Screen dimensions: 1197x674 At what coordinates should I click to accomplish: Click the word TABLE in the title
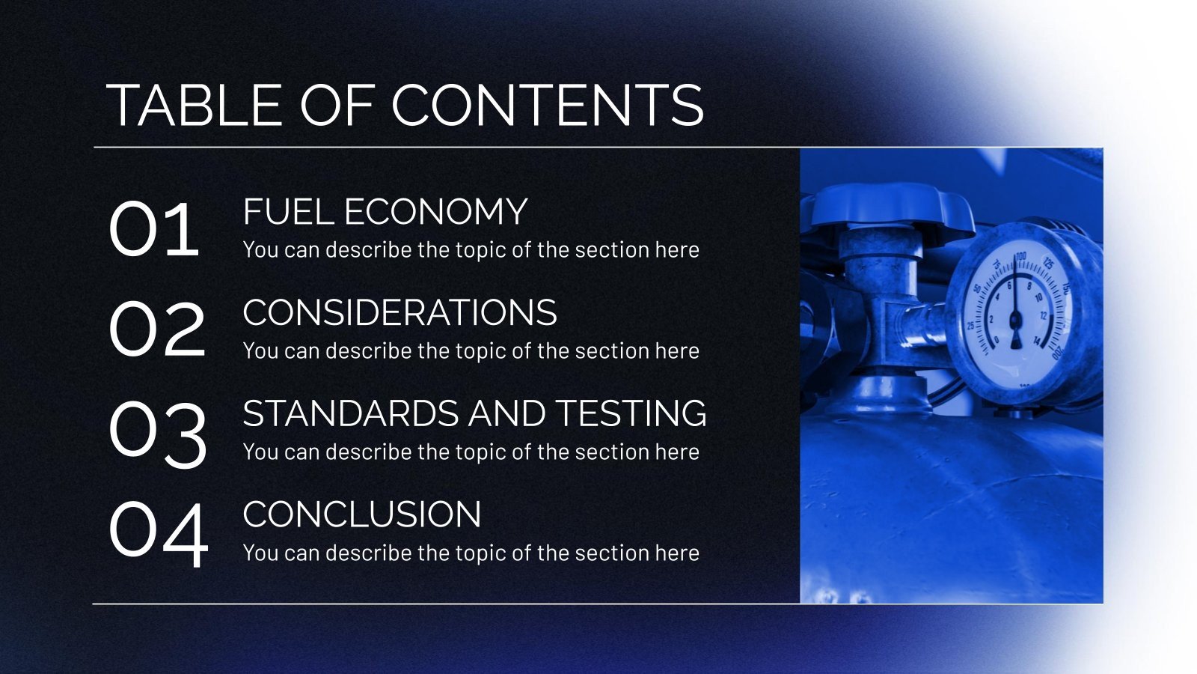[x=195, y=105]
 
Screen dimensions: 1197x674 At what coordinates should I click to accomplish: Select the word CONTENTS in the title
[x=548, y=105]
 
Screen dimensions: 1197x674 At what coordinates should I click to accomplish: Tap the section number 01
[x=154, y=229]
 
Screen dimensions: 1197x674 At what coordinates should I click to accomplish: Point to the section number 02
[x=157, y=330]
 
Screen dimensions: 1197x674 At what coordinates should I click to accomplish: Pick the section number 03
[x=158, y=435]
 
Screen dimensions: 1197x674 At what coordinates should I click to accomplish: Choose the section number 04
[x=159, y=535]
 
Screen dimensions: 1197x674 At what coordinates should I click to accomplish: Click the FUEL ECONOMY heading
[x=385, y=212]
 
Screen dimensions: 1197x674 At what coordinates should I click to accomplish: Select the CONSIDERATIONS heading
[x=399, y=312]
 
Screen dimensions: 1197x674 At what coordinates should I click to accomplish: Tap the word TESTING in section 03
[x=631, y=413]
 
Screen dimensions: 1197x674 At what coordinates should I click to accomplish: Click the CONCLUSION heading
[x=362, y=514]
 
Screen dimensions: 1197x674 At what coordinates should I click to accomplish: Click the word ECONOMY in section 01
[x=436, y=212]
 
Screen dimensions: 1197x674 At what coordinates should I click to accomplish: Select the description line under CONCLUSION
[x=471, y=553]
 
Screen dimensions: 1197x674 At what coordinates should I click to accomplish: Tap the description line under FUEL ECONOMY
[x=471, y=250]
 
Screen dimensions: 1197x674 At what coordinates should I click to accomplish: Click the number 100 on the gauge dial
[x=1020, y=257]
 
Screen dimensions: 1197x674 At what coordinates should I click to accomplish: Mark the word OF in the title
[x=337, y=105]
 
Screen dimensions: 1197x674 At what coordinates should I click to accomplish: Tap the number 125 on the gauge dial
[x=1048, y=264]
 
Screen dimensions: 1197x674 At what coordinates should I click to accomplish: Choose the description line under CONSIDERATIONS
[x=471, y=351]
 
